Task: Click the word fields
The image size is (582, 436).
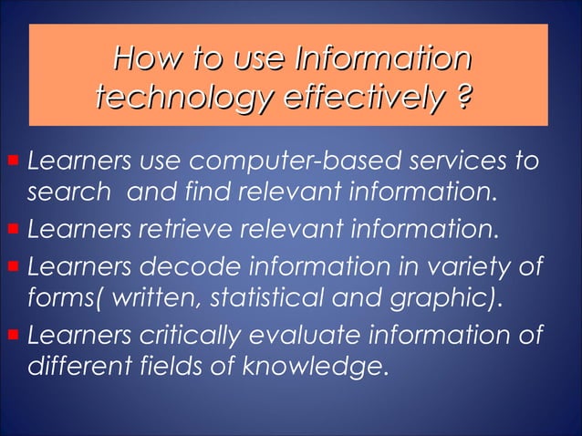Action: (159, 367)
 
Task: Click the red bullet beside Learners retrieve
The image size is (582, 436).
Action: (13, 227)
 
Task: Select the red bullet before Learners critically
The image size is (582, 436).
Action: (13, 336)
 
